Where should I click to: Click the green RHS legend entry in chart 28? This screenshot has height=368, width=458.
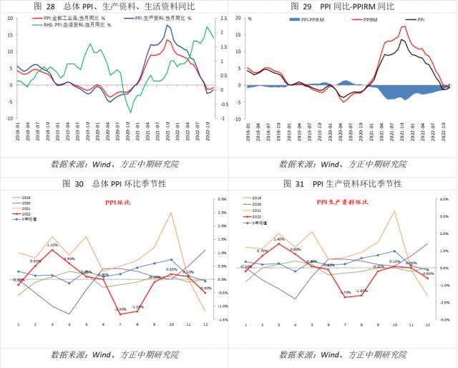[x=60, y=24]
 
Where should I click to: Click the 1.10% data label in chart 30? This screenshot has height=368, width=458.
[x=52, y=245]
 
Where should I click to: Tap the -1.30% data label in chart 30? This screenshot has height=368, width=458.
[x=120, y=309]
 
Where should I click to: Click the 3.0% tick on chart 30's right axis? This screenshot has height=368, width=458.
[x=223, y=199]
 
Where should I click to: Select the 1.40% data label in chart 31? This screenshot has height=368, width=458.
[x=279, y=239]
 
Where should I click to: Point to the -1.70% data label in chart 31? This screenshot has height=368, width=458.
[x=345, y=292]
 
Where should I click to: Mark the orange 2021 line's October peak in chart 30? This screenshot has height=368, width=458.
[x=171, y=213]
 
